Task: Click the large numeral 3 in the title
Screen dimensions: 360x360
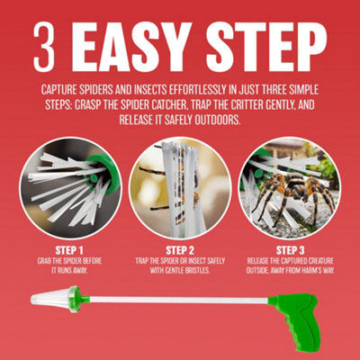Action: coord(45,47)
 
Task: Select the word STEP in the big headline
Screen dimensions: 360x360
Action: coord(266,47)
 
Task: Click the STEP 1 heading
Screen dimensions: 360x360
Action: coord(69,250)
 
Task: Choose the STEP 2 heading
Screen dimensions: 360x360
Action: coord(180,250)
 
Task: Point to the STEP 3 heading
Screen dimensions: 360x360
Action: coord(291,250)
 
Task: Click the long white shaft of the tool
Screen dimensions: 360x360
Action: coord(179,300)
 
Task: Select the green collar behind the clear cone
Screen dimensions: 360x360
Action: coord(75,299)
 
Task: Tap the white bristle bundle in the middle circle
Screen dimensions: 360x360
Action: coord(183,189)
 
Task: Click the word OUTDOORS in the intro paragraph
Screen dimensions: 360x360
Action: coord(218,120)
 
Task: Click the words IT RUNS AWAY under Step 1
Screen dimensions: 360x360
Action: coord(69,271)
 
